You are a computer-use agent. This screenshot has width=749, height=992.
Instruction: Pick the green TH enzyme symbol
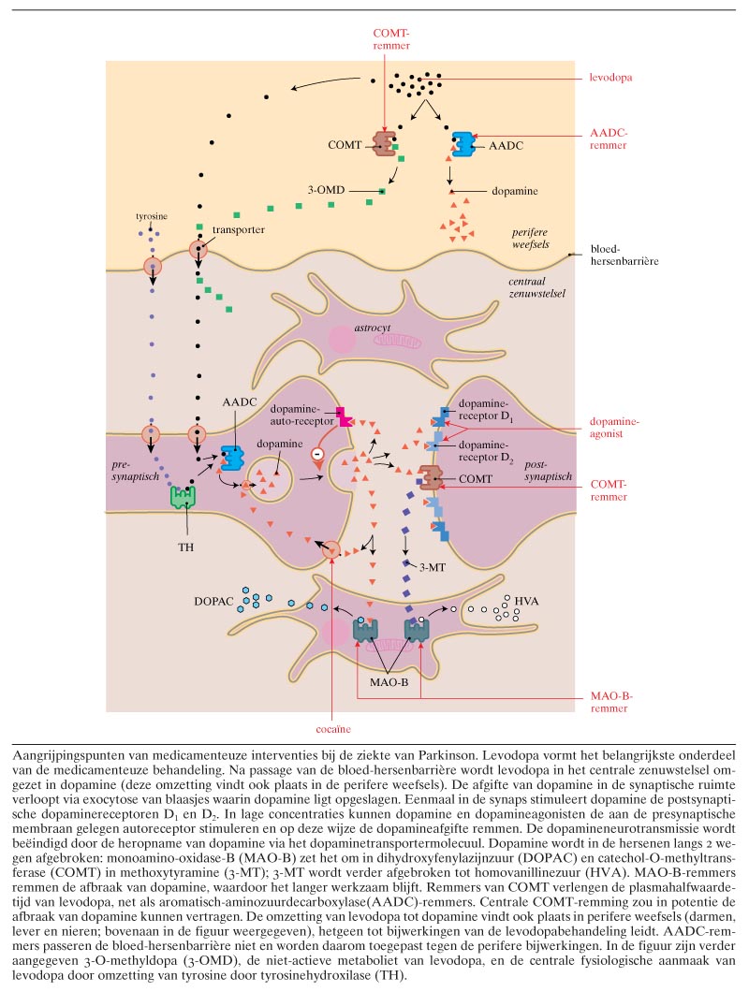[183, 496]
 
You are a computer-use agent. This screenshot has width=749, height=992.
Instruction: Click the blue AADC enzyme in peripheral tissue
[463, 145]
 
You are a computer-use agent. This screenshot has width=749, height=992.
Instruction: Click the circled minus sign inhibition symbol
[316, 459]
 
